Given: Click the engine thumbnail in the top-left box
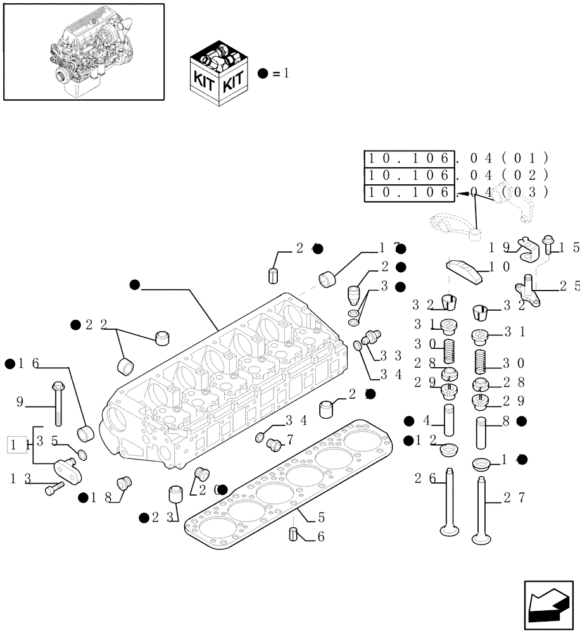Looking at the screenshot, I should point(83,51).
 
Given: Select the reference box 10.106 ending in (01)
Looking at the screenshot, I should point(410,158).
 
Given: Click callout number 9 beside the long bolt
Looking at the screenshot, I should point(19,401).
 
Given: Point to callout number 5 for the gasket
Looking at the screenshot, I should point(320,516).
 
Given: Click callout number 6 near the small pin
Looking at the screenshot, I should point(320,537).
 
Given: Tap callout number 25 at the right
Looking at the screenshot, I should point(567,286).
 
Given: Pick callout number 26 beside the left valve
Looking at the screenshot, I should point(423,479).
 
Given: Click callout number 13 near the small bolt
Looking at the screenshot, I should point(18,479).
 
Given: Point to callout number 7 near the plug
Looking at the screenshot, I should point(290,439).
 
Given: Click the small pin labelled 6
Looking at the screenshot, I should point(293,534).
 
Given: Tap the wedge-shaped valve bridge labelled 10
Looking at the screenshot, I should point(466,270).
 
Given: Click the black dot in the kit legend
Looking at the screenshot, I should point(264,73).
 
